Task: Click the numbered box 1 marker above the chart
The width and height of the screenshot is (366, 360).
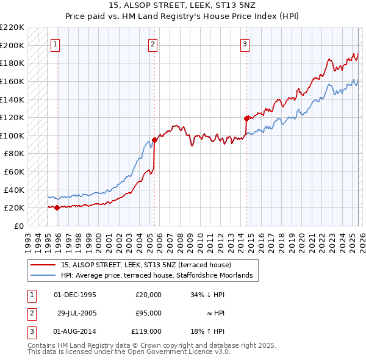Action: [x=55, y=44]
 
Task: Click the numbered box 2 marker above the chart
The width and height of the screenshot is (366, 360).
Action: [x=152, y=44]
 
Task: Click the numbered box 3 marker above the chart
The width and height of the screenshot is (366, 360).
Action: [x=244, y=44]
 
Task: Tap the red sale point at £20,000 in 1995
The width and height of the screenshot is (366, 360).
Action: [x=57, y=207]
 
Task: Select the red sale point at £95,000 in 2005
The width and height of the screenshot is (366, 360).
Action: [x=154, y=140]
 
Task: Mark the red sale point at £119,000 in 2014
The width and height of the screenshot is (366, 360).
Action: [x=246, y=118]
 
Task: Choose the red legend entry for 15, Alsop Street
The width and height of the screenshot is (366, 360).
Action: [x=146, y=265]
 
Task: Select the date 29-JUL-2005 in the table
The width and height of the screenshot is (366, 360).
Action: [x=76, y=313]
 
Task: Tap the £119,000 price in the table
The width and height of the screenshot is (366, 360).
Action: [x=146, y=331]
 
